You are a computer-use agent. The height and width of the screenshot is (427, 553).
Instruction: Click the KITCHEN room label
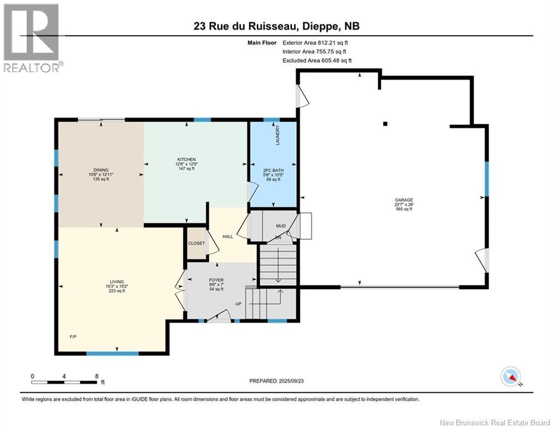[x=186, y=160]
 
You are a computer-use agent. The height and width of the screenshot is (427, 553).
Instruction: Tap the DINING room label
[x=101, y=170]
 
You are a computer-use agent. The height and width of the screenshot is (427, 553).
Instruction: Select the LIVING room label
[x=117, y=281]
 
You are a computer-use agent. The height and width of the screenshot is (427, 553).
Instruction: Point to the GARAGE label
[x=404, y=200]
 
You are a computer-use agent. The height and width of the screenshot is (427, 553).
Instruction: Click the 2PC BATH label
[x=273, y=171]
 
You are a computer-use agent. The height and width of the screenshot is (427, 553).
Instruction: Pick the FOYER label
[x=216, y=280]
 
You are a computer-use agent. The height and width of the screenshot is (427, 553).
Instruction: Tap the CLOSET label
[x=196, y=243]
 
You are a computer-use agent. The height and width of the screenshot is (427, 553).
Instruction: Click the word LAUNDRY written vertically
[x=277, y=135]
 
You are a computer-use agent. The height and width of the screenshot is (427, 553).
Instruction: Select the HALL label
[x=228, y=236]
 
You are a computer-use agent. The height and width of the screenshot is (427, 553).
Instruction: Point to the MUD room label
[x=281, y=226]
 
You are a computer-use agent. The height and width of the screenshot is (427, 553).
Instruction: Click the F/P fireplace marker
[x=73, y=337]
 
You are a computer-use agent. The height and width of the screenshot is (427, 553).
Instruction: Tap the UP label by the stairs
[x=238, y=304]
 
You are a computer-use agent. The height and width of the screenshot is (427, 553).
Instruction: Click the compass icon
[x=511, y=376]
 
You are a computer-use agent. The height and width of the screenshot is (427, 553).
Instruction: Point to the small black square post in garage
[x=386, y=124]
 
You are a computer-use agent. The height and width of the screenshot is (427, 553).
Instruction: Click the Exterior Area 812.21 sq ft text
[x=315, y=43]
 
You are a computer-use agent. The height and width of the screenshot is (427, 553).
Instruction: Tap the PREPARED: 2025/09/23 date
[x=277, y=381]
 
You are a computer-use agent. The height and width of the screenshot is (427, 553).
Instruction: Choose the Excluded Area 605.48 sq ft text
[x=317, y=61]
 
